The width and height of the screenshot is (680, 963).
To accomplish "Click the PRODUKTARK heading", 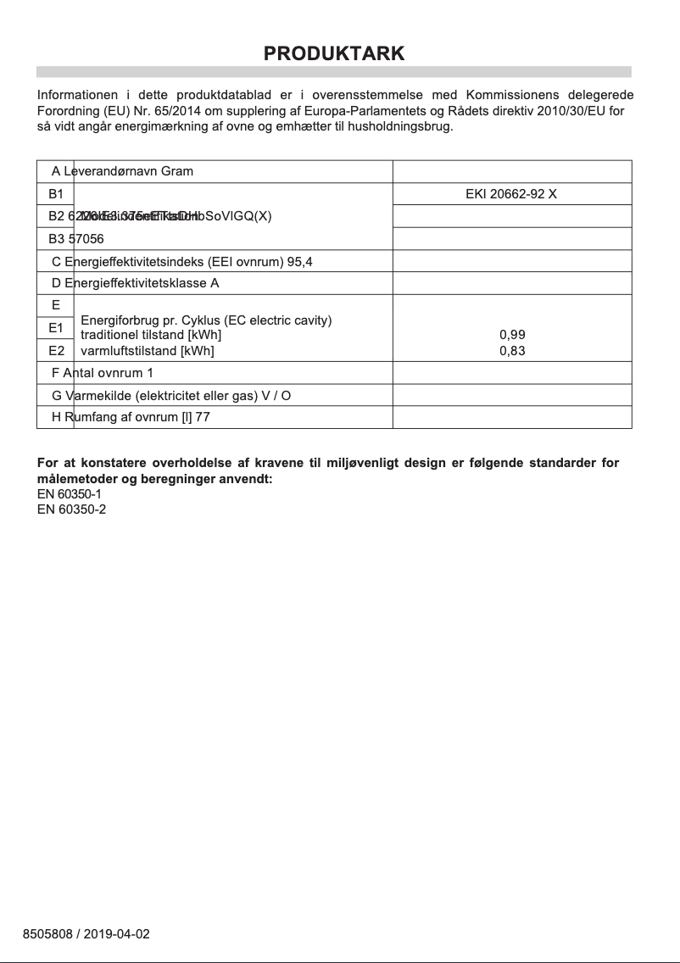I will point(334,53).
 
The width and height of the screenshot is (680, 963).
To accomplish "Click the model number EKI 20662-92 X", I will point(511,193).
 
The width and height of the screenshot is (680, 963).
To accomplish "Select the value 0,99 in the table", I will point(512,335).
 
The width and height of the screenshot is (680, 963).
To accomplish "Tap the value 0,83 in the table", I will point(512,350).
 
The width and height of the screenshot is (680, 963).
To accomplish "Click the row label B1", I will point(56,193).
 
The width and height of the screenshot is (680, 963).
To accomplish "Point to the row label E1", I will point(56,327).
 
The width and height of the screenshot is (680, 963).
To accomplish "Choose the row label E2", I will point(56,349).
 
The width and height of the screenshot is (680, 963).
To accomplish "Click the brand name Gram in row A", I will point(177,171).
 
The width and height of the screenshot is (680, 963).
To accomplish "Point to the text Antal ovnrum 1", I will point(108,372).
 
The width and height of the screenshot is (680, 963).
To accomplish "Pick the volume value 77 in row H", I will point(203,417).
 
